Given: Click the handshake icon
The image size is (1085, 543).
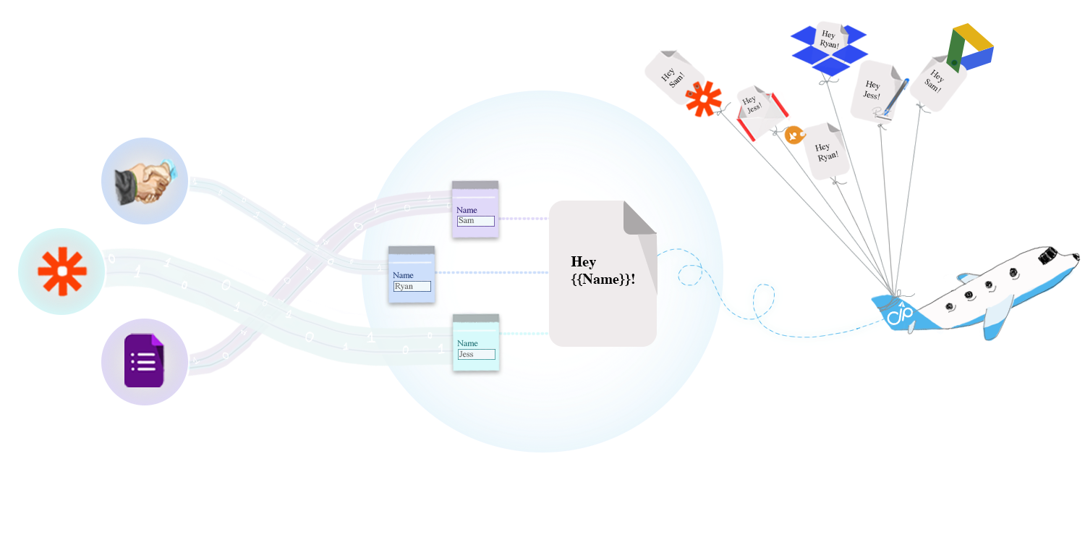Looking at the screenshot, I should (145, 181).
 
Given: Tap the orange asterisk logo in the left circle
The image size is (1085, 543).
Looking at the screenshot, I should (62, 271).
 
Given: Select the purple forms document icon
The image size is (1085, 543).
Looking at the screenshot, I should (144, 361).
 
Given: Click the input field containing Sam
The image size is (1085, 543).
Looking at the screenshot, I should (475, 221).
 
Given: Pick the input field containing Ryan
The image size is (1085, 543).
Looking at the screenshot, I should (412, 287).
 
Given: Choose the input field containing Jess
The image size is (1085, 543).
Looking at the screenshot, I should (476, 354).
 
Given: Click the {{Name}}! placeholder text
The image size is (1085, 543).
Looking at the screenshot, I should (603, 279).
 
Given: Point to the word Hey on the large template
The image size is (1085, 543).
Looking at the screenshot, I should (583, 261).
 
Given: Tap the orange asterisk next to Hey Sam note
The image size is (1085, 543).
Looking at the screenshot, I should (703, 99).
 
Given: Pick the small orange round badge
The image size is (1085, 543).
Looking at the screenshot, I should (794, 135).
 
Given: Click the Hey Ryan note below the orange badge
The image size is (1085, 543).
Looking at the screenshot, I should (825, 151).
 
